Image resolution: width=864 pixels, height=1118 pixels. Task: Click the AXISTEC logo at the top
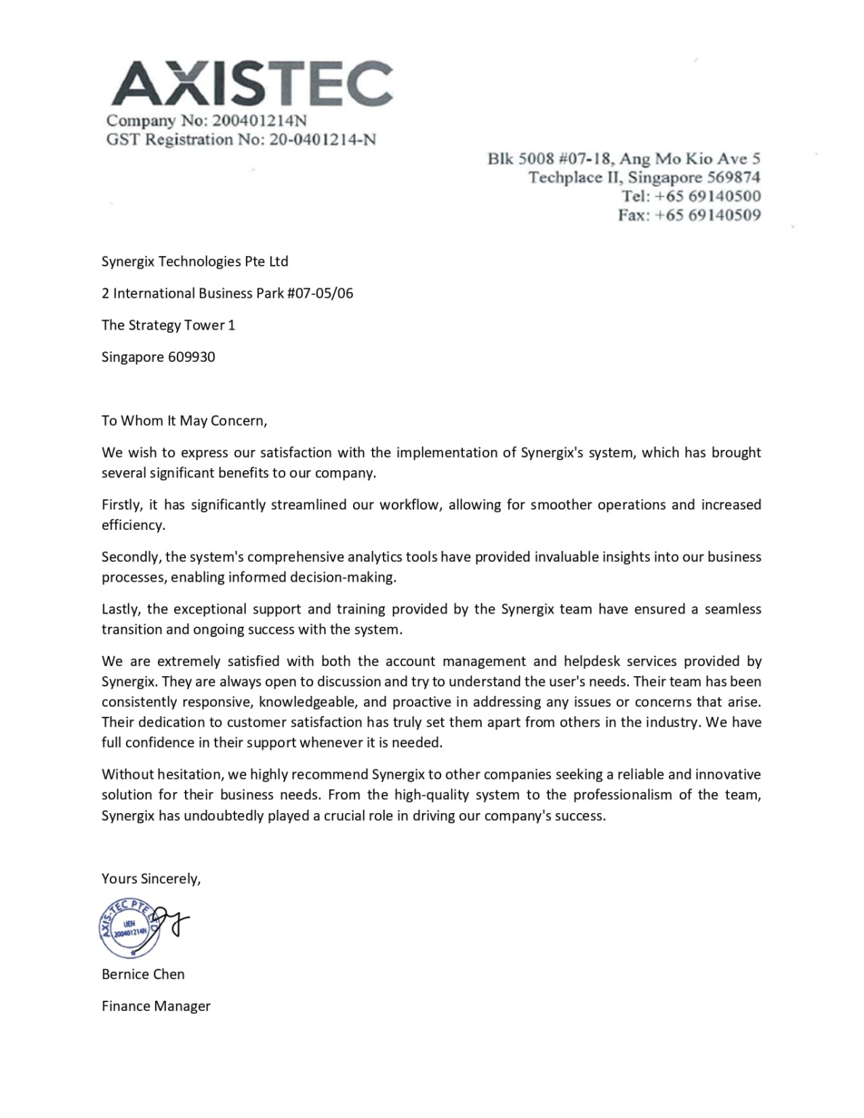point(252,84)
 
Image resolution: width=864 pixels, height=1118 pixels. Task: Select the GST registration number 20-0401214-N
point(322,140)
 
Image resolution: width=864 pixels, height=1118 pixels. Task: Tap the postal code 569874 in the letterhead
point(734,178)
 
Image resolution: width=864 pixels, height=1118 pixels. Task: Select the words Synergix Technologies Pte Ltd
point(194,261)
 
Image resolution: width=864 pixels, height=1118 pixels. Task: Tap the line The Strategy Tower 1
point(168,325)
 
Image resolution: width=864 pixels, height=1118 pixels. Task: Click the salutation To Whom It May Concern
point(184,421)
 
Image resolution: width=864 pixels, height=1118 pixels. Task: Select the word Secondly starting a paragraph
point(130,558)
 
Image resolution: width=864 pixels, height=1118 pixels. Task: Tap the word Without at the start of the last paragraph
point(126,774)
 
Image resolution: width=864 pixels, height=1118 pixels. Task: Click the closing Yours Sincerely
point(151,879)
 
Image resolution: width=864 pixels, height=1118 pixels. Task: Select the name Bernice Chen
point(143,975)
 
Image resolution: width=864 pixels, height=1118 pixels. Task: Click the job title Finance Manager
point(156,1007)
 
